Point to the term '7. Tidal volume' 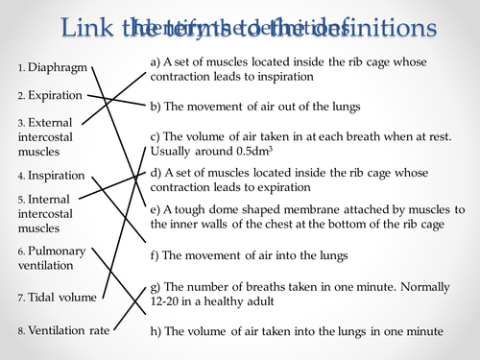(x=57, y=298)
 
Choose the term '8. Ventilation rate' (x=62, y=331)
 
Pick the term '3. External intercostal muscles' (x=46, y=137)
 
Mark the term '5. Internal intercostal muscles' (x=46, y=214)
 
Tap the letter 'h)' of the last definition (x=156, y=331)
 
